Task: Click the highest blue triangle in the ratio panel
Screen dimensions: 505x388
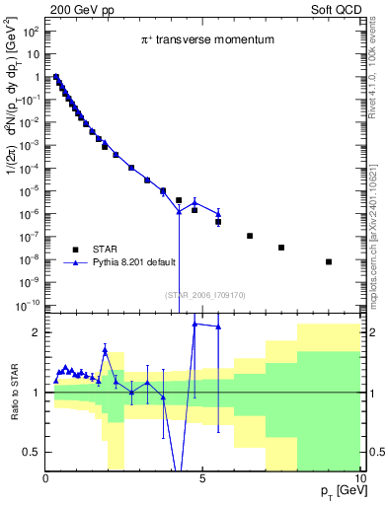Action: click(x=194, y=324)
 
